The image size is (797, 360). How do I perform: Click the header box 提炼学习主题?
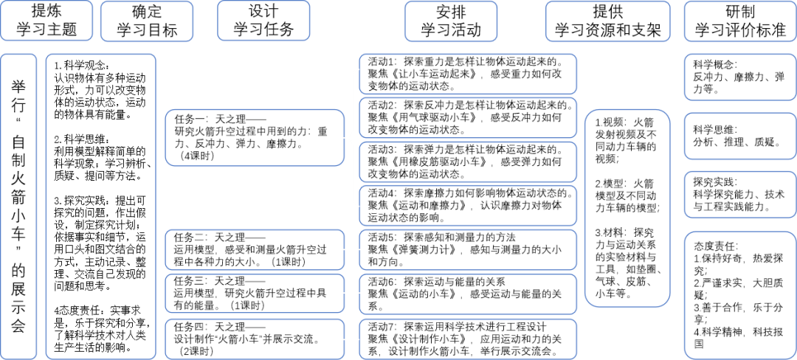47,21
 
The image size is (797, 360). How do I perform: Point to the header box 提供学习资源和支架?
607,21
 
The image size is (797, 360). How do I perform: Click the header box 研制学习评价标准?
739,21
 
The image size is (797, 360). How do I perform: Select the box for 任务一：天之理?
254,137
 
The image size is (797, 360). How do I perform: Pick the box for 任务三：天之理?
254,293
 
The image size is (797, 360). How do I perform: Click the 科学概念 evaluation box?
739,77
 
